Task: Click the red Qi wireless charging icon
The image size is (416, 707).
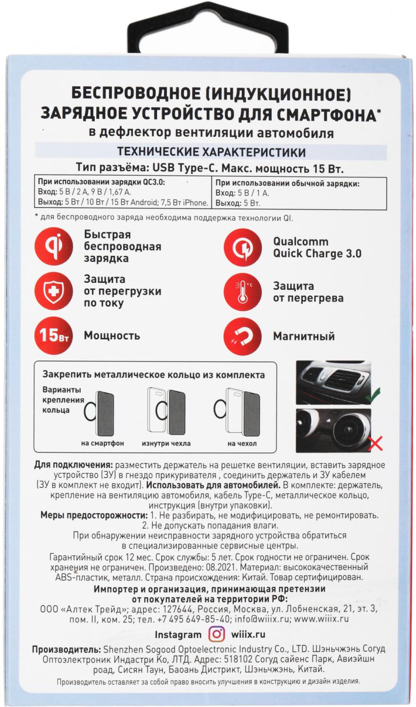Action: (x=54, y=247)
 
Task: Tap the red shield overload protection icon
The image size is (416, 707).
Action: (x=54, y=291)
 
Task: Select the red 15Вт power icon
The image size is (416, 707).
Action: (x=54, y=336)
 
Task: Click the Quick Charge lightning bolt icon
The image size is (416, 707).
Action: (x=243, y=247)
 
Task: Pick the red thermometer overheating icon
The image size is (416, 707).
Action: (x=243, y=291)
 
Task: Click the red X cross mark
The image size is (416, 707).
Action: (x=376, y=443)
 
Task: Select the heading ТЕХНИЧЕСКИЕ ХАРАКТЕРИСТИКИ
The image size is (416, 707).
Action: (x=211, y=152)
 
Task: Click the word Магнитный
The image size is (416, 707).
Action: (x=304, y=337)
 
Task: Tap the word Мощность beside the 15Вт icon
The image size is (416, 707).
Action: (x=112, y=336)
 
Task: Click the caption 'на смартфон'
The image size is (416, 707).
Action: (x=102, y=444)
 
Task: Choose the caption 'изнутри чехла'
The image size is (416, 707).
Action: (x=166, y=444)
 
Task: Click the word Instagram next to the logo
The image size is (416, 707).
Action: (x=178, y=634)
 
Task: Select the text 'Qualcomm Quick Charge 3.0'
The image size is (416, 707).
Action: (x=317, y=247)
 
